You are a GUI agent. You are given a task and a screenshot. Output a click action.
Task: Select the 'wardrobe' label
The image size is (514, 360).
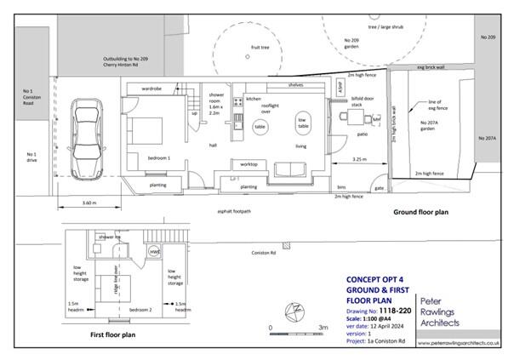click(x=151, y=89)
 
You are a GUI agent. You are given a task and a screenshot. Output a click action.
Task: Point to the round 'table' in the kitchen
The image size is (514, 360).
click(x=260, y=126)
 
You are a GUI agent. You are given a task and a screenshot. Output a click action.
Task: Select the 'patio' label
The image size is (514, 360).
click(x=362, y=134)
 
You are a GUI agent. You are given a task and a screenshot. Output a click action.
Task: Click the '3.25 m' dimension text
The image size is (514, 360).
click(x=359, y=159)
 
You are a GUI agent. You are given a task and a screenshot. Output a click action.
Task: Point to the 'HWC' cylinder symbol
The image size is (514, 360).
click(x=154, y=252)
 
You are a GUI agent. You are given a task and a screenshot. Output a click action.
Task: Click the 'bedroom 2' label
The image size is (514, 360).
click(x=139, y=311)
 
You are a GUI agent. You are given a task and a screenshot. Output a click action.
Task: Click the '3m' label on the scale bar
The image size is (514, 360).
click(x=323, y=327)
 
